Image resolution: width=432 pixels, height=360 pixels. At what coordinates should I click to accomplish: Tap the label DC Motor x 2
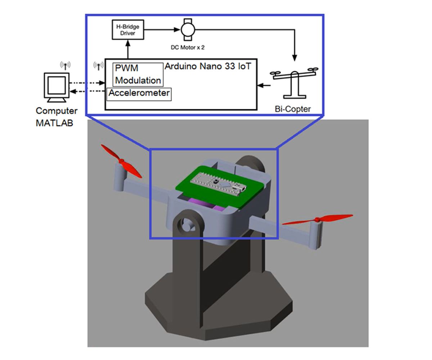[x=188, y=47]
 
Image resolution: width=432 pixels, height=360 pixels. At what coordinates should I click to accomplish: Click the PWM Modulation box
[x=138, y=74]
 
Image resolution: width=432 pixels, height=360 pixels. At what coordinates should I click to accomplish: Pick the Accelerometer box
[x=139, y=94]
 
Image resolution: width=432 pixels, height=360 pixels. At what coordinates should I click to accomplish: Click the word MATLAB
[x=54, y=123]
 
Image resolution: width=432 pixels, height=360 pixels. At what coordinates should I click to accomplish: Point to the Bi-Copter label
[x=292, y=109]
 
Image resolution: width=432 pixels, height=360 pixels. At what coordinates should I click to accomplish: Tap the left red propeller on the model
[x=121, y=161]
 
